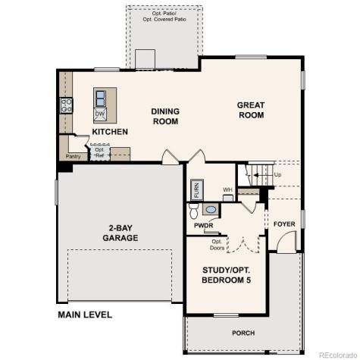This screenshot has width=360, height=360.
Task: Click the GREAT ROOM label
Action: pos(250,110)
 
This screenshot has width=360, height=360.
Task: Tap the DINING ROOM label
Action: pos(164,115)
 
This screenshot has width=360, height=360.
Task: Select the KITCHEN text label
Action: pos(110,131)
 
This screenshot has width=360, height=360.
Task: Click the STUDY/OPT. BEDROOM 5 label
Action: pos(227,275)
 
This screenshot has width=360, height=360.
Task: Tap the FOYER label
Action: pos(283,224)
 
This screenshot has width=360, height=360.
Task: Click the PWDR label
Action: pos(202,225)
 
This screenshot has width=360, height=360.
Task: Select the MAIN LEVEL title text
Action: pos(85,314)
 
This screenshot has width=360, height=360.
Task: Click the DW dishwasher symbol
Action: pos(100,114)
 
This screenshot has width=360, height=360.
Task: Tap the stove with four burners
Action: pos(66,105)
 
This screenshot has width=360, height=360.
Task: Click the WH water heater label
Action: pos(227,189)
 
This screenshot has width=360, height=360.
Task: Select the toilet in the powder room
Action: pos(194,208)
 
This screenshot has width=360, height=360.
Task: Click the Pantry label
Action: pos(73,156)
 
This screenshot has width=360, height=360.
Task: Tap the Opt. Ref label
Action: pos(99,152)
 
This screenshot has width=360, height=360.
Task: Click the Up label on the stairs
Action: pos(277,174)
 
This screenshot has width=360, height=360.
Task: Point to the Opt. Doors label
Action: pos(218,245)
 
